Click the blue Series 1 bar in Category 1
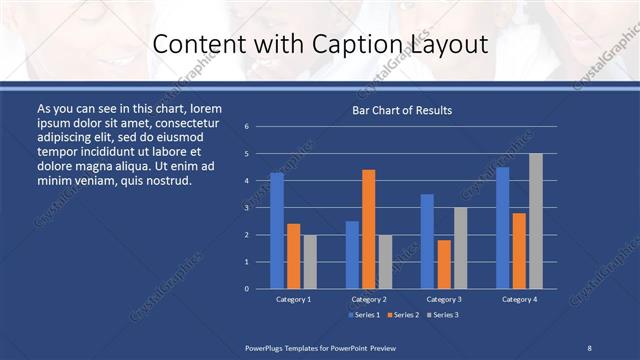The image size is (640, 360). (277, 231)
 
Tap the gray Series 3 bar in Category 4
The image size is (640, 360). (536, 221)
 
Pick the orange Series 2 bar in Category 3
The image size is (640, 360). (444, 264)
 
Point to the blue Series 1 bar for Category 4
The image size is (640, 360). (503, 228)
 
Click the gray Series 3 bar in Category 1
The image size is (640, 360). (310, 262)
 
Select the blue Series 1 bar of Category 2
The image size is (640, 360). (352, 255)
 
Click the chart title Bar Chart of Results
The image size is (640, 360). (403, 110)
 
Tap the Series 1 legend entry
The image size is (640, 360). (363, 315)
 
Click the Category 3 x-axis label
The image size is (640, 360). (444, 299)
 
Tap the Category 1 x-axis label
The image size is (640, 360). (294, 299)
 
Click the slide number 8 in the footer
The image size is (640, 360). (589, 346)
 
